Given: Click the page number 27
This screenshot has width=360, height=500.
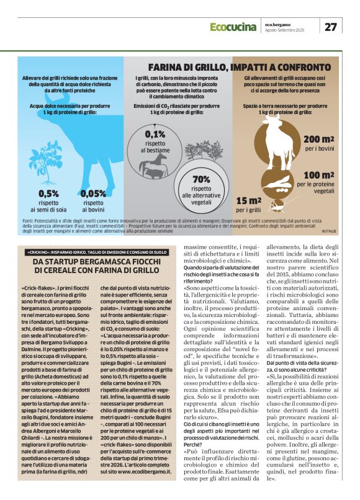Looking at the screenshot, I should (x=330, y=27).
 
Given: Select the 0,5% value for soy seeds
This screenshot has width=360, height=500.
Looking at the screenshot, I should (x=48, y=194).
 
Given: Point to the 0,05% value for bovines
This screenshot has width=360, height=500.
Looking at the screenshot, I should (x=93, y=194).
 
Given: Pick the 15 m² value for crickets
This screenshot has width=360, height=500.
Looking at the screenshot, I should (x=248, y=200).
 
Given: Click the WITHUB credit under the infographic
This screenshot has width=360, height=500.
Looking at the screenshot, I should (x=328, y=231).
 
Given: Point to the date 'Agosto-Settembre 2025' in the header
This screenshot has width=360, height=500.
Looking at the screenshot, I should (x=285, y=30).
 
